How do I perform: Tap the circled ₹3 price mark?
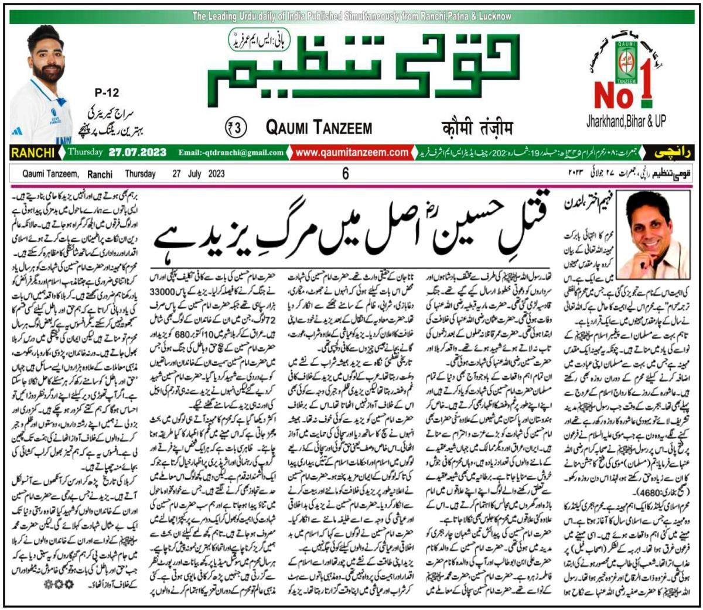(237, 126)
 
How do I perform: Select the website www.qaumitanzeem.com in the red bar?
(351, 153)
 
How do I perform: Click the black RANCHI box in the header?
(33, 153)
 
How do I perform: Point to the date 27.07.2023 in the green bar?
(138, 153)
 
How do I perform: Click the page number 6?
(346, 173)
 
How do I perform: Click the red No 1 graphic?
(624, 88)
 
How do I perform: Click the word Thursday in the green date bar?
(85, 153)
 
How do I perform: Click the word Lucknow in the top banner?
(490, 16)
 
